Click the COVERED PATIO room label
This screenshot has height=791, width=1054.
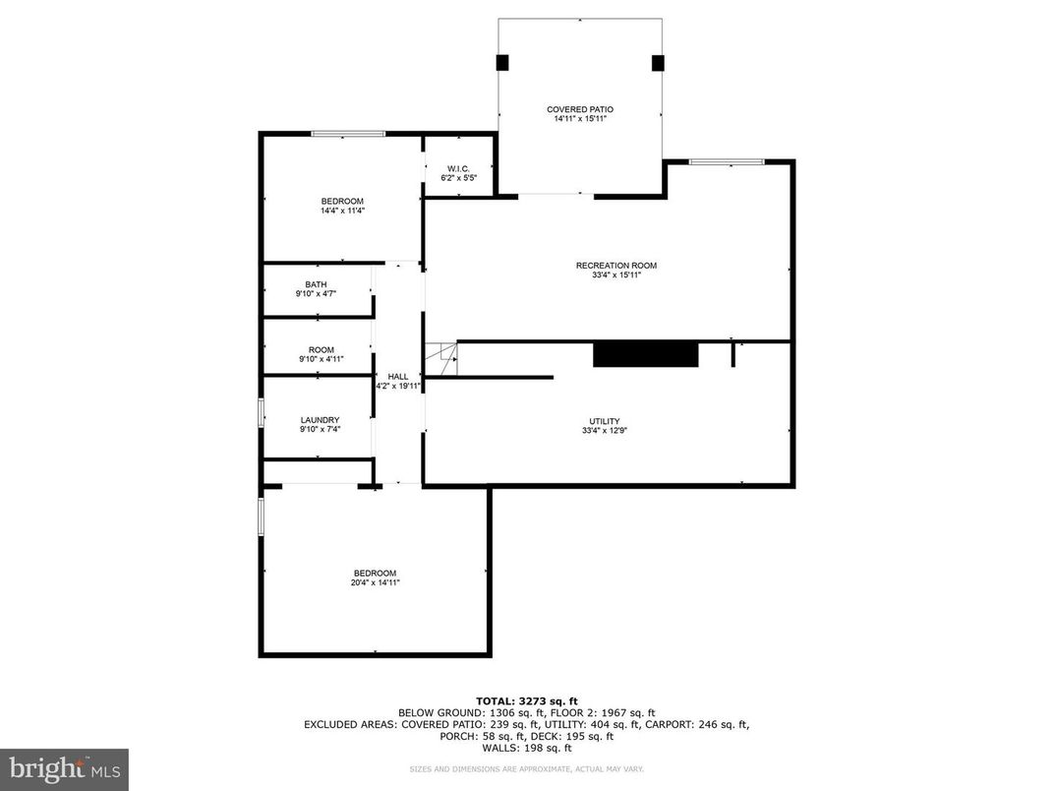(x=579, y=109)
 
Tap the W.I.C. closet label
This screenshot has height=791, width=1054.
(x=458, y=167)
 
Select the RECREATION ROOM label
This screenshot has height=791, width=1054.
(x=615, y=266)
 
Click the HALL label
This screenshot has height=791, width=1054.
(x=398, y=377)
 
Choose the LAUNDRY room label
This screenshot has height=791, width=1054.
(x=320, y=420)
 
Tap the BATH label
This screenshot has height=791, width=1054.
(x=316, y=284)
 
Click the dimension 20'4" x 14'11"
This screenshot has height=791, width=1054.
(x=375, y=582)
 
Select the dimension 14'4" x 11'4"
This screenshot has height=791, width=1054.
(x=342, y=211)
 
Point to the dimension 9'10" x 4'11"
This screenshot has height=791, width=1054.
(x=321, y=360)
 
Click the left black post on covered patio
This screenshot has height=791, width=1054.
(x=502, y=63)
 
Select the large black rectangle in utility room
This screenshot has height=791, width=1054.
(x=645, y=354)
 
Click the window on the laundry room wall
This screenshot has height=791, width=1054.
(x=261, y=412)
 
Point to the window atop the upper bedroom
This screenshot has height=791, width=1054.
(x=348, y=134)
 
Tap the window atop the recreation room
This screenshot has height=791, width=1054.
(x=726, y=161)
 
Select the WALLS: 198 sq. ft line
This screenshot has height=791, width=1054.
(x=526, y=748)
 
